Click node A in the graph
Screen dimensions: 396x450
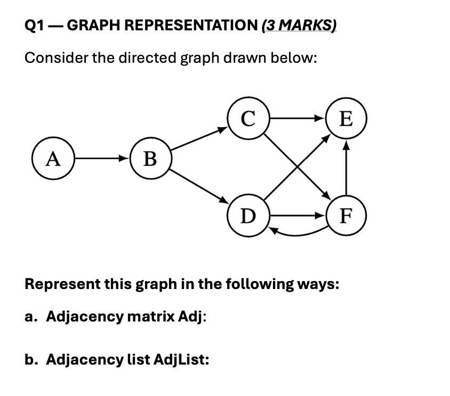[52, 158]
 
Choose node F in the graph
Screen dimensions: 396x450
[346, 216]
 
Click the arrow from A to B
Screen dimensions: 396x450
[101, 158]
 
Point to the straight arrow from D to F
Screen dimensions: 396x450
[296, 216]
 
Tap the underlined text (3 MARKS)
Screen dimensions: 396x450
[299, 25]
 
